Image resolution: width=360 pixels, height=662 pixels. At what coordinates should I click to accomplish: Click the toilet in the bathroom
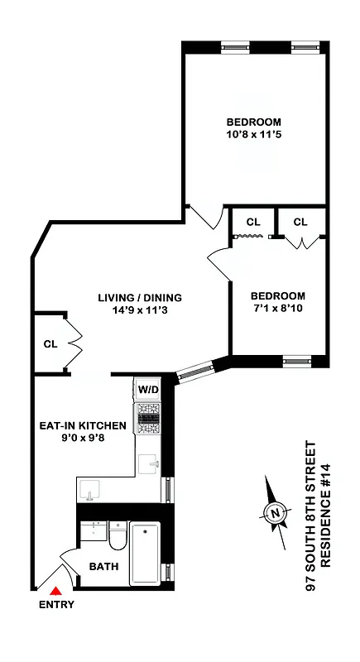(x=117, y=540)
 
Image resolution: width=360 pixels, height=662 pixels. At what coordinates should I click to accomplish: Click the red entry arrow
(x=55, y=591)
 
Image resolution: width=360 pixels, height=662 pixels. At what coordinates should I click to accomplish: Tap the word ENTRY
(x=56, y=605)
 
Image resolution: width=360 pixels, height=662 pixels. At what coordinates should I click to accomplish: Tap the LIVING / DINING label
(x=139, y=298)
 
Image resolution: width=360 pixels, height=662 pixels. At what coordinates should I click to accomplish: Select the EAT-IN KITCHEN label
(x=83, y=426)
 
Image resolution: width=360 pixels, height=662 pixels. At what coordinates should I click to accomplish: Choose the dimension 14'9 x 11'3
(x=139, y=311)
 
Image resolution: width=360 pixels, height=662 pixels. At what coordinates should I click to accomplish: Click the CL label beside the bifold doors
(x=50, y=344)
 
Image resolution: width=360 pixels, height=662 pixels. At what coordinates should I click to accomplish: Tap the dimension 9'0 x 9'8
(x=83, y=439)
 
